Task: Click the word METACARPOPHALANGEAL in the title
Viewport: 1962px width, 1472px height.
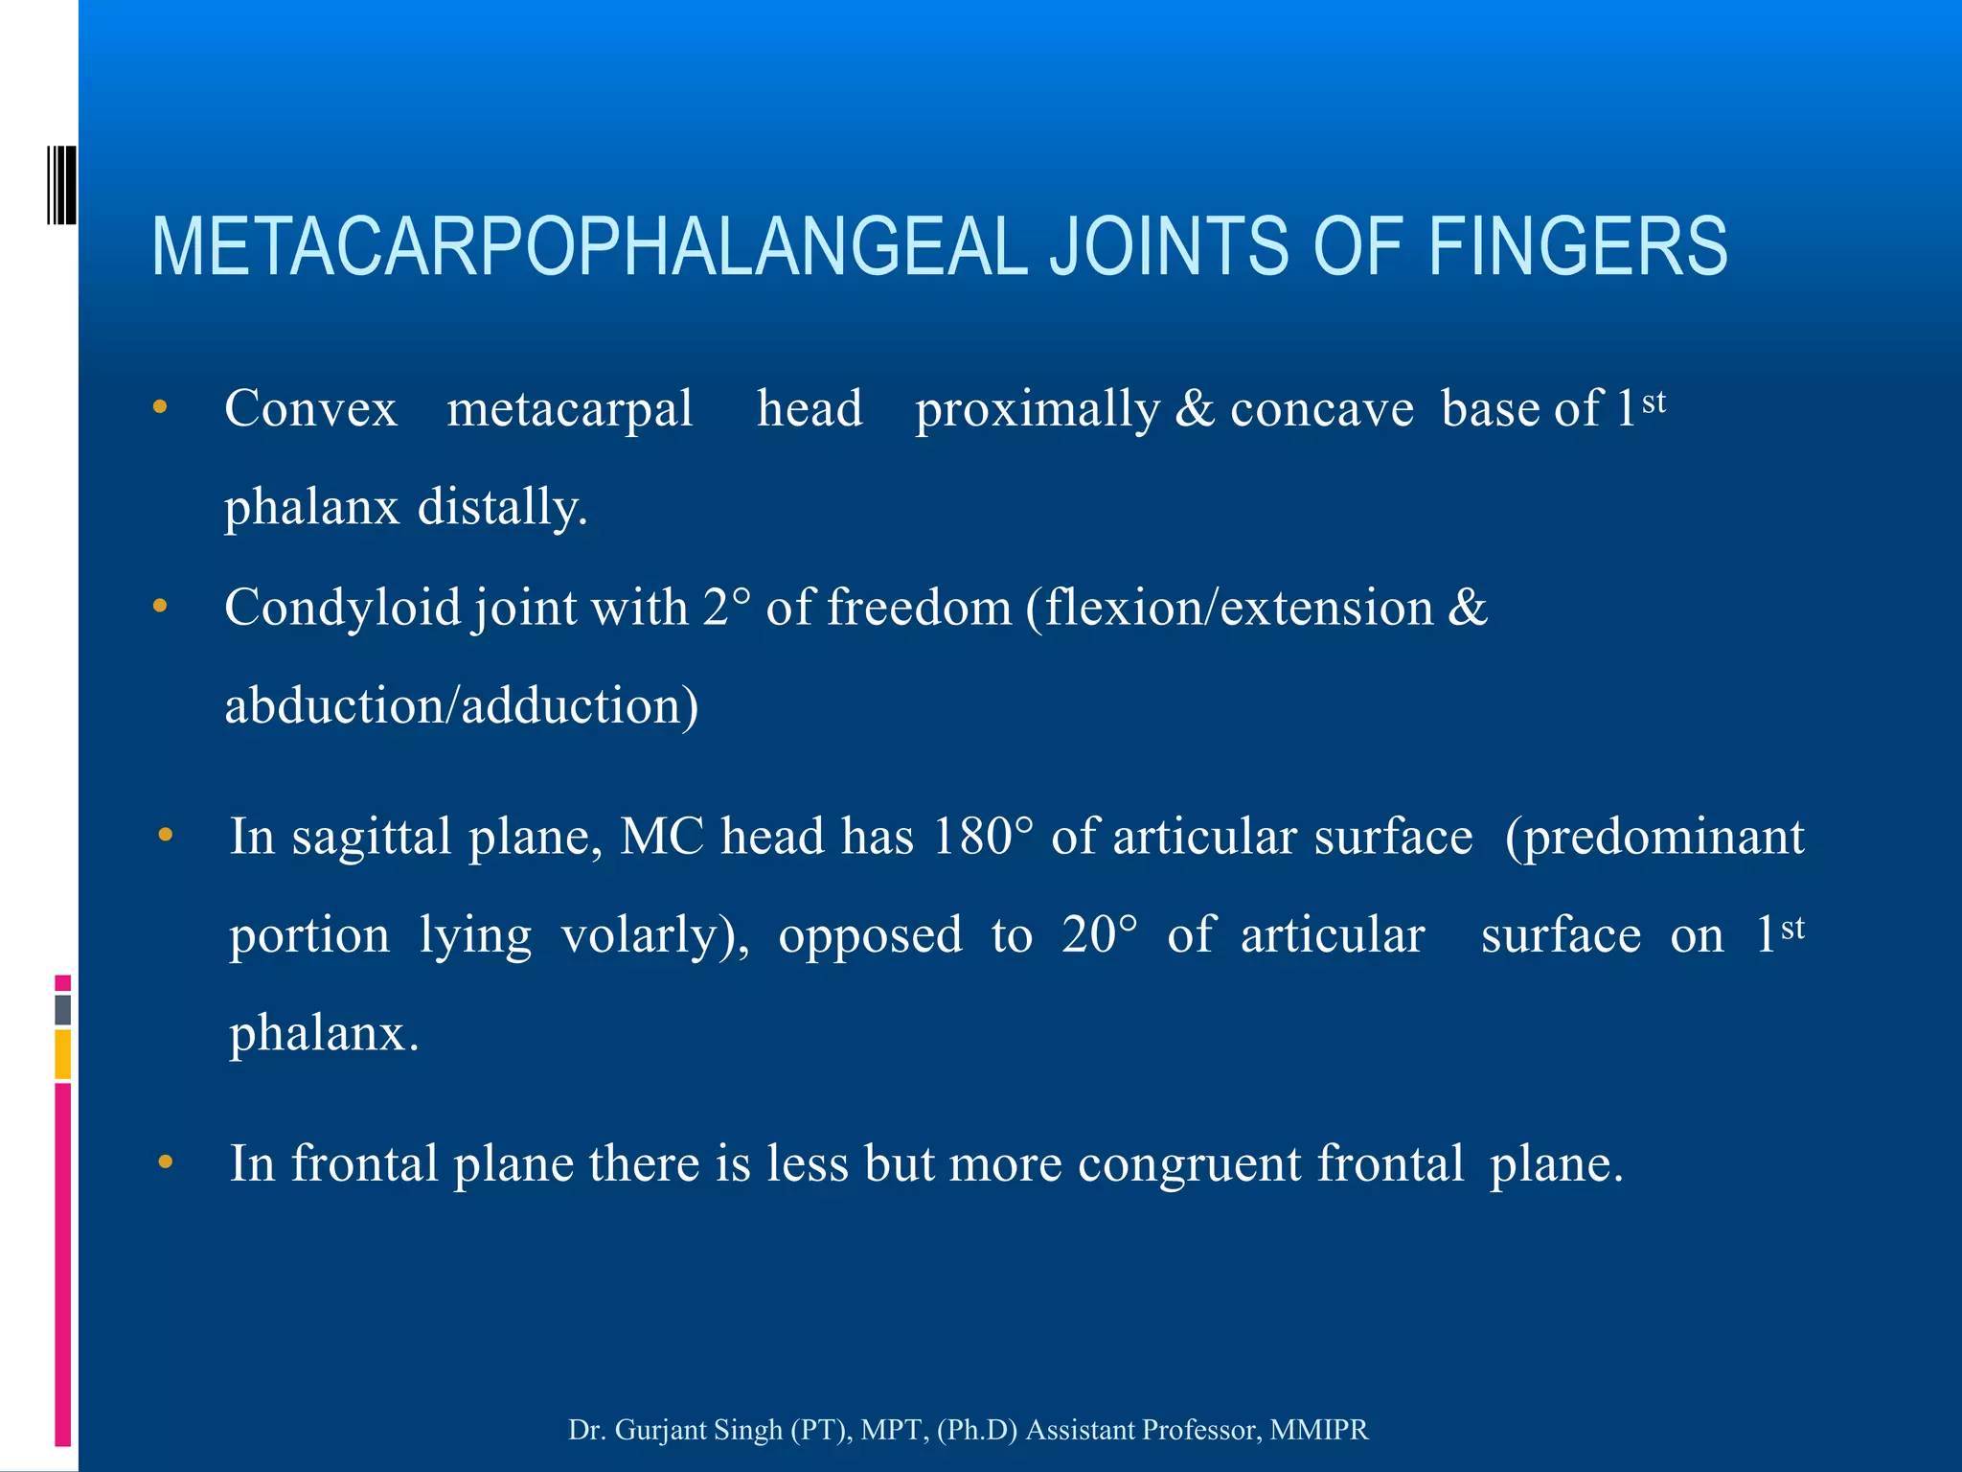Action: tap(589, 247)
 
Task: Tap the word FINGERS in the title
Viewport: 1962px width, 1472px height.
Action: tap(1578, 247)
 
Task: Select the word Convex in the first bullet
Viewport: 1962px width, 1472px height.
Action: tap(310, 409)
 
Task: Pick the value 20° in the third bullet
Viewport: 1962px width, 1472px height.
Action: tap(1100, 935)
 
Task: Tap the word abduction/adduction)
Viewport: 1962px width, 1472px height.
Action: tap(461, 706)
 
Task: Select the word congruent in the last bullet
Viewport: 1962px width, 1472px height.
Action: tap(1189, 1164)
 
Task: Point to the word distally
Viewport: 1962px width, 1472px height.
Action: tap(502, 507)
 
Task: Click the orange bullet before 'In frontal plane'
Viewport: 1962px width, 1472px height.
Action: tap(166, 1162)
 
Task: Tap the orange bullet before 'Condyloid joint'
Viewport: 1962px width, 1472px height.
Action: tap(160, 607)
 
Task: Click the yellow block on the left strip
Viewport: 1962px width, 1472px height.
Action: tap(62, 1054)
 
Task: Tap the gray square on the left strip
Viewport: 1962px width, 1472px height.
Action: tap(62, 1010)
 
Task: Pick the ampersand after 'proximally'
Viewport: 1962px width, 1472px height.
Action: tap(1194, 409)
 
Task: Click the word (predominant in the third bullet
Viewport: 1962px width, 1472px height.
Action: tap(1654, 837)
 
